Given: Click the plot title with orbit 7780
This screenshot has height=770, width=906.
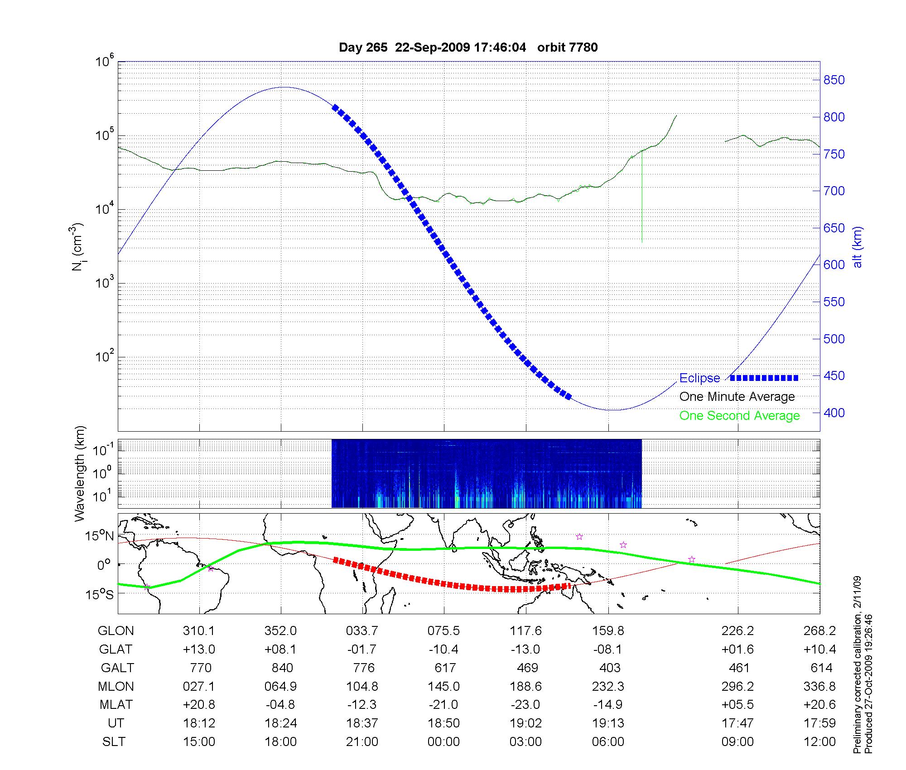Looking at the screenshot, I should pos(468,48).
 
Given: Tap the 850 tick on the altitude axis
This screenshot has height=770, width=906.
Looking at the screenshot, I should pos(834,80).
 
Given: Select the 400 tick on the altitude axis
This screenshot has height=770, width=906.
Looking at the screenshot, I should pos(834,413).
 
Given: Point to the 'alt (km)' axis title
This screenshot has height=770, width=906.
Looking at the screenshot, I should pos(858,247).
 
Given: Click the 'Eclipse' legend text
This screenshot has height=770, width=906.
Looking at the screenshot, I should pos(699,378).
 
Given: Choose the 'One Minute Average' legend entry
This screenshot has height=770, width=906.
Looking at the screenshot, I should pos(737,397).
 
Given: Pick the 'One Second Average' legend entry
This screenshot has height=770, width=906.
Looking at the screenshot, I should pos(739,416).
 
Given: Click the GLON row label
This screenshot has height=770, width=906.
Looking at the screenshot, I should pos(116,631).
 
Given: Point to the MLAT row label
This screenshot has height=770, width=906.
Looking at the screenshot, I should pos(116,705).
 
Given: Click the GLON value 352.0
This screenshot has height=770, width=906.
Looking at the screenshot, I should pos(281,631).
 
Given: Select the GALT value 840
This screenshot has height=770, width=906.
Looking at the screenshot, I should pos(282,668).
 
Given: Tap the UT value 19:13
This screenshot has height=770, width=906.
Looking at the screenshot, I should pos(608,723).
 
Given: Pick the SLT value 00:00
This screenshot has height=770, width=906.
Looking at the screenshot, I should pos(443,742).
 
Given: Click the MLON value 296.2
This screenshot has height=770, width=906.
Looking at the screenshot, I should pos(737,687).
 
